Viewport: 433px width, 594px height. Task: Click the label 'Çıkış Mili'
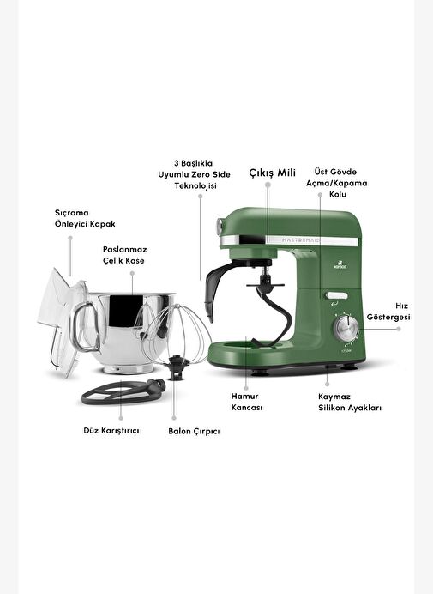(272, 173)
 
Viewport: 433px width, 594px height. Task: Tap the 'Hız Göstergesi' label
(388, 312)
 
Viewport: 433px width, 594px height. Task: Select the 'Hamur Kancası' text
(247, 402)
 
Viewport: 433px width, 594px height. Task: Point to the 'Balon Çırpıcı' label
(194, 432)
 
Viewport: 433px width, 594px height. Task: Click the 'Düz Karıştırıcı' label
(111, 431)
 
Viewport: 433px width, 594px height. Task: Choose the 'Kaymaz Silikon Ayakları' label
(350, 403)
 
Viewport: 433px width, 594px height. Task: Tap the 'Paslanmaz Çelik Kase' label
(124, 255)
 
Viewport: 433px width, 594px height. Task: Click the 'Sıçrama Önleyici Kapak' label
(85, 218)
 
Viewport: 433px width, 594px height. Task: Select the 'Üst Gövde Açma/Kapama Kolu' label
(336, 183)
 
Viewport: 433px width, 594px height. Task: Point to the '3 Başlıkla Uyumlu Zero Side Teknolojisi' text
(194, 174)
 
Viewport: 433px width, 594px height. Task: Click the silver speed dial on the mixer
(346, 328)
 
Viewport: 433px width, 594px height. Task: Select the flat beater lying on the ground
(123, 391)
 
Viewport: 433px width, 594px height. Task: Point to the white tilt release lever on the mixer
(336, 295)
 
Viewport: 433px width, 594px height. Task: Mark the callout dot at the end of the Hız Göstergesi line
(398, 329)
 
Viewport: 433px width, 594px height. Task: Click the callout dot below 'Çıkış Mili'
(268, 185)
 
